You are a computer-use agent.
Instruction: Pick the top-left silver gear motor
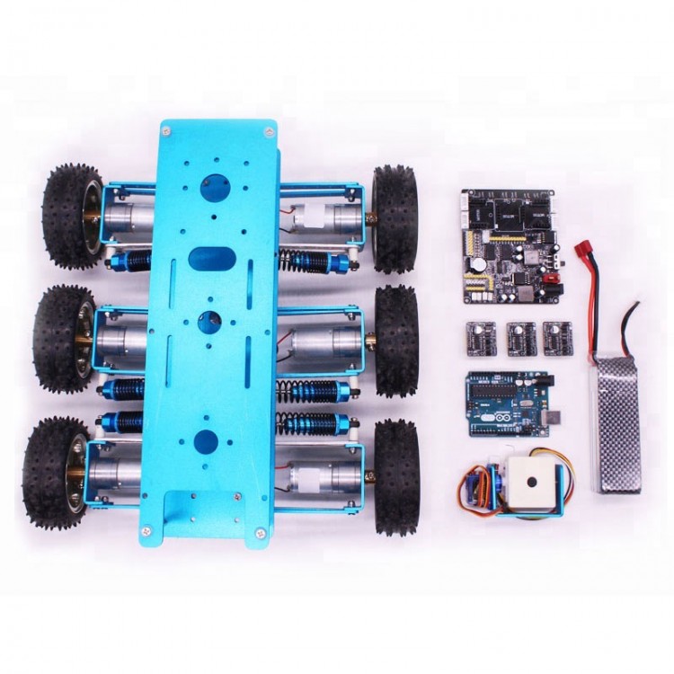pos(127,217)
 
